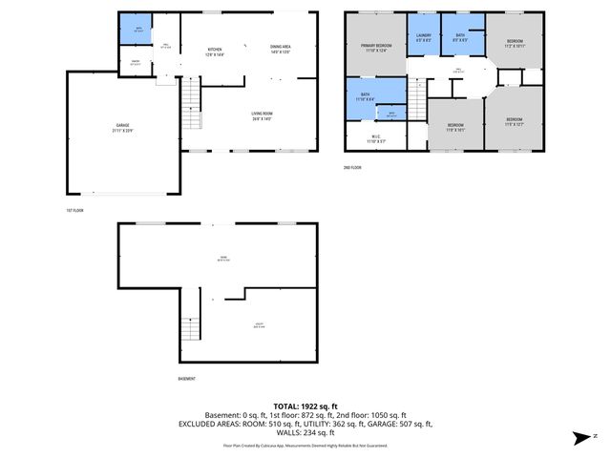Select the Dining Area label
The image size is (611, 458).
pyautogui.click(x=281, y=49)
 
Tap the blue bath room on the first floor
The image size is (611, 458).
pyautogui.click(x=137, y=30)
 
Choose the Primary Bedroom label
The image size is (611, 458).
pyautogui.click(x=375, y=49)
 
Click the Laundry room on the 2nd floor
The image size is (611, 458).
pyautogui.click(x=424, y=39)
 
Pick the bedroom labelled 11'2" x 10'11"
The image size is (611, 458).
pyautogui.click(x=514, y=44)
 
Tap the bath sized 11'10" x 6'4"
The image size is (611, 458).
pyautogui.click(x=366, y=97)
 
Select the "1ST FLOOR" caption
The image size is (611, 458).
pyautogui.click(x=74, y=210)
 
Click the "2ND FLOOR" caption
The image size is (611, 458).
pyautogui.click(x=353, y=167)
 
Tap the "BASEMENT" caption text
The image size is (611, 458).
pyautogui.click(x=187, y=379)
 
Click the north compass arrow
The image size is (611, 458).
pyautogui.click(x=581, y=438)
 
